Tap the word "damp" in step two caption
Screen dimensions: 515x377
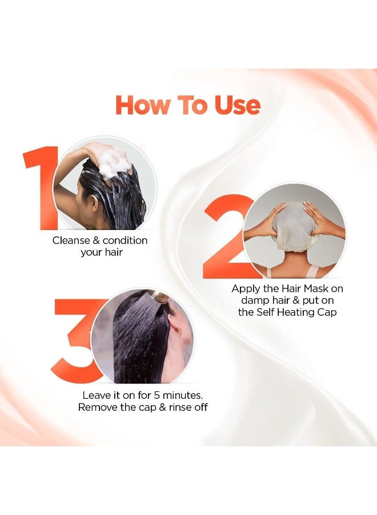(x=248, y=300)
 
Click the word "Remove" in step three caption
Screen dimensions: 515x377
(x=98, y=407)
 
